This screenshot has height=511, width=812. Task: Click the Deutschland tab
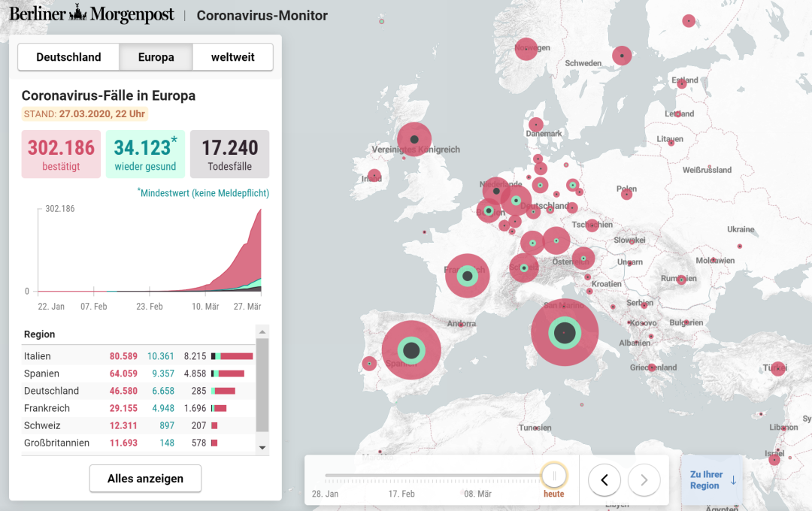coord(68,57)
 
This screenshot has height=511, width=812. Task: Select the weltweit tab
coord(232,57)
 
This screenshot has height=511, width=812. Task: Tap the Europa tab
coord(156,57)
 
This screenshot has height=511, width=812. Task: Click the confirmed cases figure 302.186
coord(61,147)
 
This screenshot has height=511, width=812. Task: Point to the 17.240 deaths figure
coord(230,147)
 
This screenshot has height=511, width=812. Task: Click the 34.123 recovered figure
coord(143,147)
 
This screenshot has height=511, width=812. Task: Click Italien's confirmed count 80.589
coord(123,356)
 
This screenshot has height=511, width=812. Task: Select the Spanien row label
coord(41,373)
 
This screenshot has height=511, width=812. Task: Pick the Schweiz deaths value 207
coord(198,425)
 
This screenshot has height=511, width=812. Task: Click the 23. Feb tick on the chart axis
coord(150,307)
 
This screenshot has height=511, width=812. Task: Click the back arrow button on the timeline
coord(604,479)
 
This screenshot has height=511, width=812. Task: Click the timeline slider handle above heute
coord(554,476)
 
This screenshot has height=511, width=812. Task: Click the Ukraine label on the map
coord(741,229)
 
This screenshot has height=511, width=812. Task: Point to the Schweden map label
coord(583,64)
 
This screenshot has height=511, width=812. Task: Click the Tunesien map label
coord(535,428)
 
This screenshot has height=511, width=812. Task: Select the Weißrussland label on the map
coord(707,170)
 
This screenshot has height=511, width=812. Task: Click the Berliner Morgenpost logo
coord(92,15)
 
